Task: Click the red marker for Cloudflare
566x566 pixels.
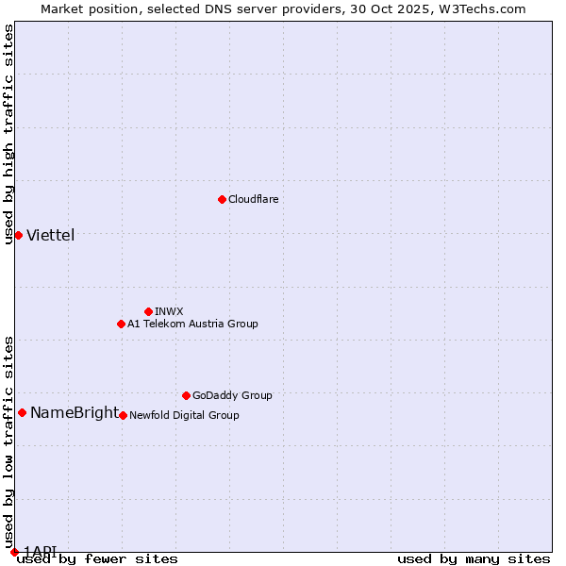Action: tap(222, 199)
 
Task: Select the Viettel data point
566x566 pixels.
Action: tap(18, 235)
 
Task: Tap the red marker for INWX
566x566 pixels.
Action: tap(148, 311)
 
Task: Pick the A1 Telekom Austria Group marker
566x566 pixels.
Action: tap(121, 324)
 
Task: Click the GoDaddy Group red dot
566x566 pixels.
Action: tap(186, 395)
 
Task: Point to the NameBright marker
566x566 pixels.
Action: tap(22, 412)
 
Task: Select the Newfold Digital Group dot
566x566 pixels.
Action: tap(123, 415)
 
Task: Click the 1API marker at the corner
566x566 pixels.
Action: tap(14, 552)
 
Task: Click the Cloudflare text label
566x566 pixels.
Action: tap(253, 199)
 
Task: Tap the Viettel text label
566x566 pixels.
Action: tap(50, 235)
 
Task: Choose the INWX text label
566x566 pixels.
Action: tap(169, 311)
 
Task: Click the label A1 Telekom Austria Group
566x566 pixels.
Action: tap(192, 324)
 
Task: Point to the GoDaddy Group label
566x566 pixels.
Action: tap(232, 395)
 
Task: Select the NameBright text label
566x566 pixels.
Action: tap(75, 412)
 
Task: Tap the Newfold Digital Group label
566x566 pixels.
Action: tap(184, 415)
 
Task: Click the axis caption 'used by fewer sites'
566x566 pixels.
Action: tap(97, 558)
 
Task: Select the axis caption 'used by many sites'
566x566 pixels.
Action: tap(474, 558)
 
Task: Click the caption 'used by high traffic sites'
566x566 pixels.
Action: tap(8, 134)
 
